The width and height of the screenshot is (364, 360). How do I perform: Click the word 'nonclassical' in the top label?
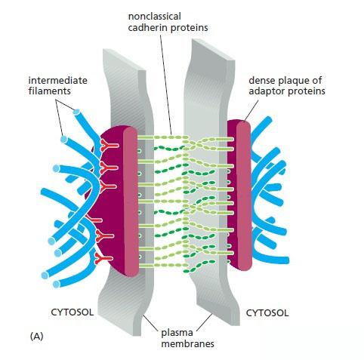click(x=155, y=17)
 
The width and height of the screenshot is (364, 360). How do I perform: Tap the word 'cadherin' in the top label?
click(x=147, y=27)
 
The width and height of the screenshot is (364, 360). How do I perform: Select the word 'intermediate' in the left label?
click(x=58, y=81)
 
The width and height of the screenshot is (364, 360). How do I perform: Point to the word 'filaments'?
click(x=50, y=91)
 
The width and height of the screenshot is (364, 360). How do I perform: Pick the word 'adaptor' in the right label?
click(x=267, y=91)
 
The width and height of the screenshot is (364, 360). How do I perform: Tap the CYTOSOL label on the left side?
click(x=72, y=312)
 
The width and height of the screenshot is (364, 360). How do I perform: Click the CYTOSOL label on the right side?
click(x=267, y=313)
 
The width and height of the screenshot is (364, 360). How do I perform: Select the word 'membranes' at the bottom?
click(x=187, y=343)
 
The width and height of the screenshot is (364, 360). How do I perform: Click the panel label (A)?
click(x=36, y=336)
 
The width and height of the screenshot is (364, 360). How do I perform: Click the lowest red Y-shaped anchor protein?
click(x=103, y=259)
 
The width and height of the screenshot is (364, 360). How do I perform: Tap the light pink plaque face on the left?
click(x=131, y=202)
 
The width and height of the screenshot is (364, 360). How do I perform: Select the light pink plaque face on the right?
click(x=244, y=195)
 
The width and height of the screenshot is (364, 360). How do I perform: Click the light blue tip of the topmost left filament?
click(x=76, y=112)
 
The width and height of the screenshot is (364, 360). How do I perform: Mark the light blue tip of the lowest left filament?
click(x=57, y=285)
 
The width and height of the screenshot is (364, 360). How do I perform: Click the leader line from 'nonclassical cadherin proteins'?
click(x=166, y=84)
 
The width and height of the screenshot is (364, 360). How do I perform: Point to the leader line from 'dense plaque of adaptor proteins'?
click(x=251, y=110)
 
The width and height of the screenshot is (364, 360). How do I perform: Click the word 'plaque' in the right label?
click(x=295, y=81)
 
